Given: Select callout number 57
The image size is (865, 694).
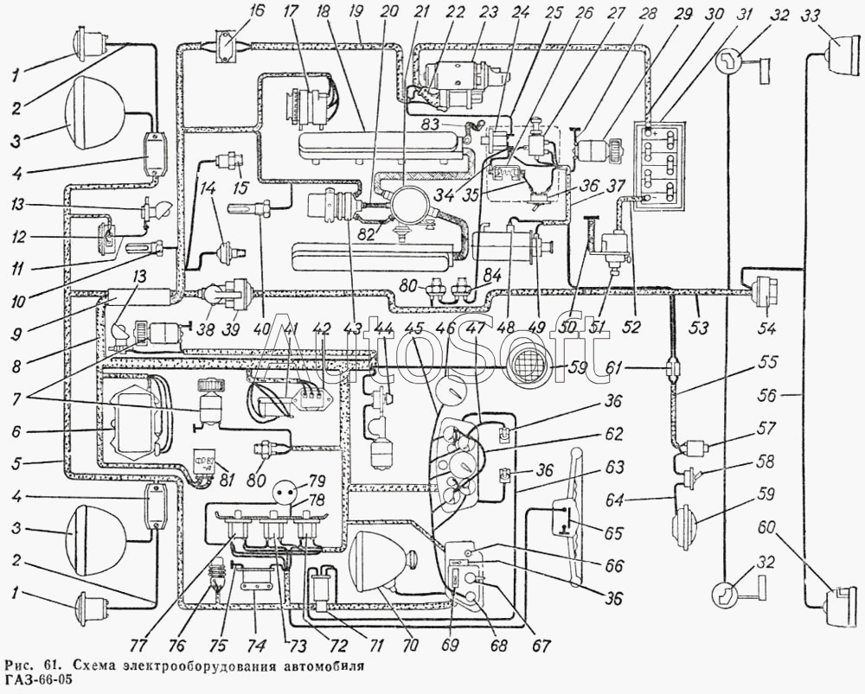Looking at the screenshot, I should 766,428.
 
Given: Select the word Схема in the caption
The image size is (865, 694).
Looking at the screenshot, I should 96,666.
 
